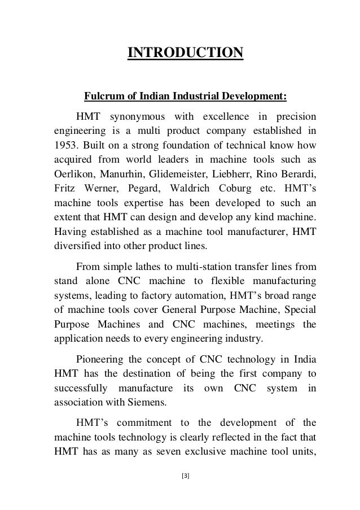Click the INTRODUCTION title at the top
(186, 53)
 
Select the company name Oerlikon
(73, 172)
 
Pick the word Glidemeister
(186, 172)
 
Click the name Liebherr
(246, 172)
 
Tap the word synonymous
(138, 117)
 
